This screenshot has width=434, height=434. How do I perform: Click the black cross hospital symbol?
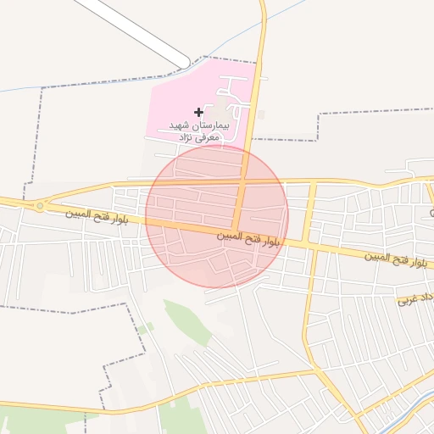[x=198, y=112]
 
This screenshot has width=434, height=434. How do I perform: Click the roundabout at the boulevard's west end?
[x=39, y=206]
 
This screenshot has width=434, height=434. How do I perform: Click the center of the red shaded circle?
[x=217, y=216]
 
